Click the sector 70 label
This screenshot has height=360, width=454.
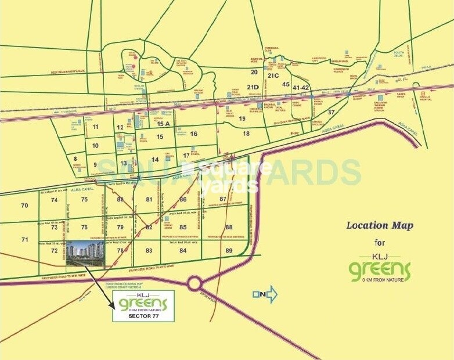coord(24,206)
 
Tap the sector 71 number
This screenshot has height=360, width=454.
coord(24,239)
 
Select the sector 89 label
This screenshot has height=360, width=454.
coord(229,250)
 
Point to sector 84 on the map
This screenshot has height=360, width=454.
coord(183,250)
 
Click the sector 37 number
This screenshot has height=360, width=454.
coord(332,111)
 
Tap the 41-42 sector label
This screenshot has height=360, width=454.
coord(301,87)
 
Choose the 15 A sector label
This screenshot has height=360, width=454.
coord(163,124)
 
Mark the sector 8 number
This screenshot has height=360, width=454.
coord(75,158)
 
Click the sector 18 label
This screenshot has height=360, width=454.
coord(246,134)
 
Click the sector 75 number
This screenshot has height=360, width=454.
coord(84,200)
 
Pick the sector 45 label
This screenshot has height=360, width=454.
coord(286,84)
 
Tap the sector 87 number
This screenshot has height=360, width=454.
coord(222,200)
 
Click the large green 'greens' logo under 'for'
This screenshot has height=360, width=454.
coord(379,271)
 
